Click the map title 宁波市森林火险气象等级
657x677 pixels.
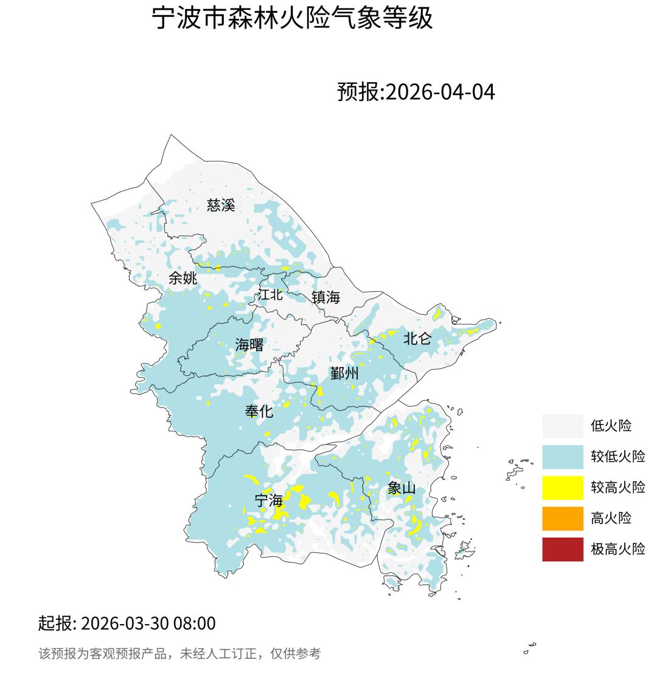coord(292,18)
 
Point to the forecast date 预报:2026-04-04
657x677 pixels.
coord(416,92)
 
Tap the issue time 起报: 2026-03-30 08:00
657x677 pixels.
coord(127,623)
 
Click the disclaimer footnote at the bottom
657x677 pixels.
coord(179,654)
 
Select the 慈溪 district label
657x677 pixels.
coord(221,205)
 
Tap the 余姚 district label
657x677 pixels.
coord(182,278)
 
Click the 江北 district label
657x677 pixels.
coord(270,294)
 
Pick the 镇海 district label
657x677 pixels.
coord(325,297)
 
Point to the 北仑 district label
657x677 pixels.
coord(417,338)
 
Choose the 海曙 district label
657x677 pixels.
coord(249,345)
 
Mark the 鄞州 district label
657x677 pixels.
coord(344,373)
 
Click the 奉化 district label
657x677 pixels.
coord(259,411)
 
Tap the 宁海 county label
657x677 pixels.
coord(269,501)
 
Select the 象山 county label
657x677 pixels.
coord(401,488)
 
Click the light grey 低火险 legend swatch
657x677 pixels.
coord(563,426)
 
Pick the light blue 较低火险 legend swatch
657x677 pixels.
coord(563,457)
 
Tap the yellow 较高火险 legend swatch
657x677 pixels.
coord(563,487)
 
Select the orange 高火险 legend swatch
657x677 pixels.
coord(563,518)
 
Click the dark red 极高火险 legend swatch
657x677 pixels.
coord(563,549)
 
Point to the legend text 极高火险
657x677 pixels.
coord(618,549)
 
